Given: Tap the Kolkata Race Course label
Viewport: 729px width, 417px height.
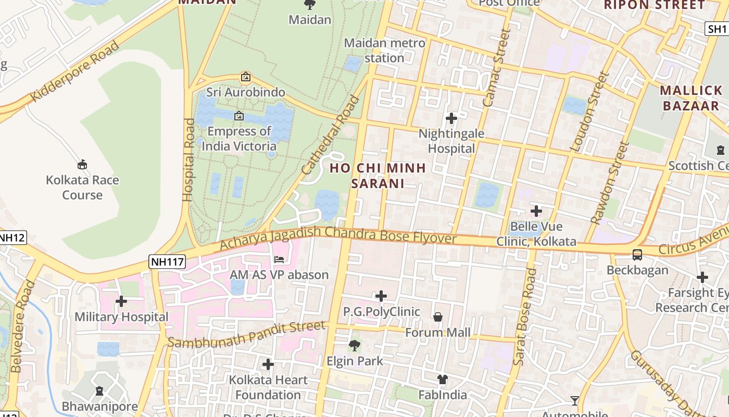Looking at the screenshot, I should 82,188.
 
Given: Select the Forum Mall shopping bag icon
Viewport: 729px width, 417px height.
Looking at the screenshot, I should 438,317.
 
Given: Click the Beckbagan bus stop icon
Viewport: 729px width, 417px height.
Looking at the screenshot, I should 637,255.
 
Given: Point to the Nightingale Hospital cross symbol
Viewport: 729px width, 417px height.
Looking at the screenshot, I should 451,118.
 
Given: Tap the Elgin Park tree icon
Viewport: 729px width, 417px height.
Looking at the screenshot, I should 355,345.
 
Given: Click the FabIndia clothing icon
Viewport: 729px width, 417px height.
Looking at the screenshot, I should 443,379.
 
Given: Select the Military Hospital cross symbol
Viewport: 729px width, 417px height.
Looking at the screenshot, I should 121,301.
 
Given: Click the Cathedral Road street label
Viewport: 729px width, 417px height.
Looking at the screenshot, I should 331,135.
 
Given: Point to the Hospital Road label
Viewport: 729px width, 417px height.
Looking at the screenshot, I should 188,160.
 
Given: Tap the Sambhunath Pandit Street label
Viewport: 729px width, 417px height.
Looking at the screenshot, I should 247,335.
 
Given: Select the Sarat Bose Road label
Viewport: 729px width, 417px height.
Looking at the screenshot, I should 524,316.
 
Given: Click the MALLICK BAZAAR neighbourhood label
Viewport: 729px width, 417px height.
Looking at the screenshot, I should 691,98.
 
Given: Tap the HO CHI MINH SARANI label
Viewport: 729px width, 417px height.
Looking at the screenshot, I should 378,176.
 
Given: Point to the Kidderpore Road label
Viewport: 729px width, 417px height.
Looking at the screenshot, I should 75,71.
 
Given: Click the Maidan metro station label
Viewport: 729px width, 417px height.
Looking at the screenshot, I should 384,51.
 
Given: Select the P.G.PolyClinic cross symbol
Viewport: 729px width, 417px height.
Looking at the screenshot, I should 381,296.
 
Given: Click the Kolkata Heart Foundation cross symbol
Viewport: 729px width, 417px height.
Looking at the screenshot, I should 268,364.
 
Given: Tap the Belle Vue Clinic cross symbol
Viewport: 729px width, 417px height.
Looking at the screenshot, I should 536,211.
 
